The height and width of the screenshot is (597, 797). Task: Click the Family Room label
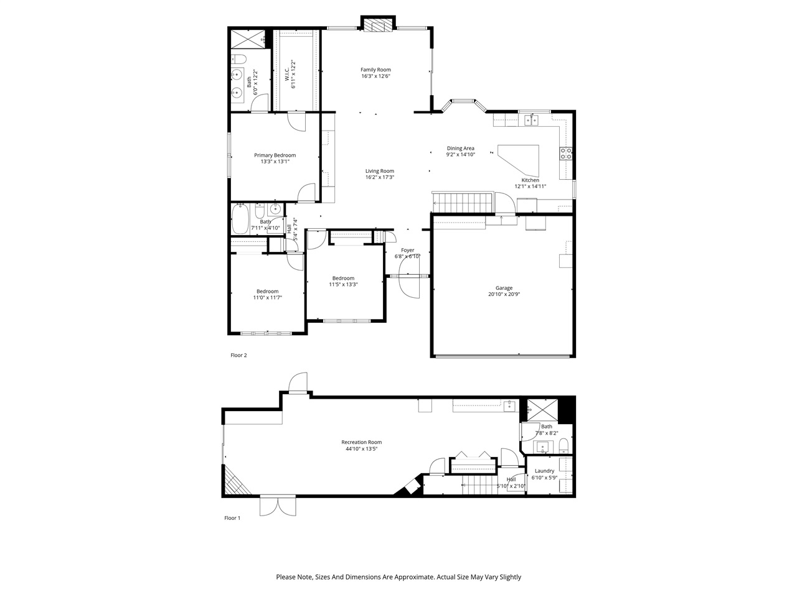[x=375, y=70]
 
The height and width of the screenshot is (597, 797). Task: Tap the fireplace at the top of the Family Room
[x=377, y=25]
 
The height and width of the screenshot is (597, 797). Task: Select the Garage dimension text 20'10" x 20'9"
[x=504, y=295]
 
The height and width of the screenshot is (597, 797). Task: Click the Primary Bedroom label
[x=275, y=155]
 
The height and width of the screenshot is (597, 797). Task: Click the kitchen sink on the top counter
[x=531, y=119]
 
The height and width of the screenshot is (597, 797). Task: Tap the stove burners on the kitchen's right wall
[x=567, y=154]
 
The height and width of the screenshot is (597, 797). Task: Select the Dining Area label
[x=460, y=148]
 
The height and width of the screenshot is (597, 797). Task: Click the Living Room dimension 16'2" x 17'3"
[x=379, y=177]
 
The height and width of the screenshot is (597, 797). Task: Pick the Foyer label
[x=407, y=250]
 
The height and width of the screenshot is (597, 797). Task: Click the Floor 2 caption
[x=239, y=356]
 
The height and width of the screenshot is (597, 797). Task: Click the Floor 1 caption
[x=232, y=518]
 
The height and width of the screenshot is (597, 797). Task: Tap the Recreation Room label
[x=361, y=442]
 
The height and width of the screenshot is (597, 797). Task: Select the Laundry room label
[x=544, y=471]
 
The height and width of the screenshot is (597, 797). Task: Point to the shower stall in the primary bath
[x=248, y=39]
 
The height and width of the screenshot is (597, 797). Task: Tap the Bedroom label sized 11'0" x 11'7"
[x=267, y=291]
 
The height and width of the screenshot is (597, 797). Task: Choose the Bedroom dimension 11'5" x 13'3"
[x=343, y=285]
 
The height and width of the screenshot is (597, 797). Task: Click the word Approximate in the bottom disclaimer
[x=412, y=577]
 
